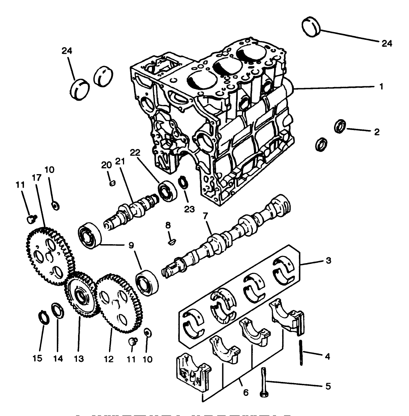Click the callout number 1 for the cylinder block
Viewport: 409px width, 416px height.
tap(381, 87)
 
